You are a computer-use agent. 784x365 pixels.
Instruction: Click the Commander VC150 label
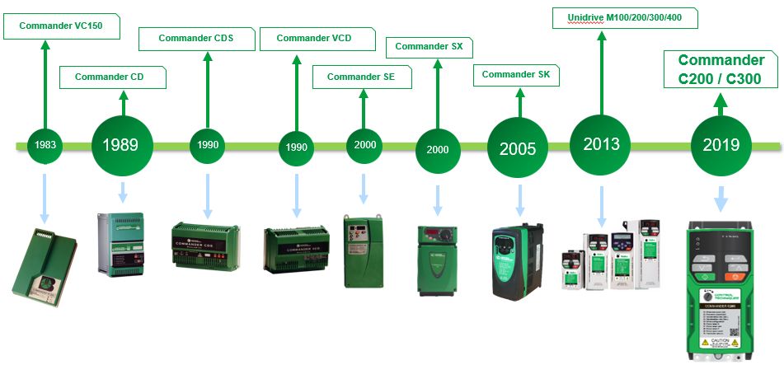pyautogui.click(x=62, y=26)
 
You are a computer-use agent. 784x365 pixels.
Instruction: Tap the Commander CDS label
pyautogui.click(x=195, y=39)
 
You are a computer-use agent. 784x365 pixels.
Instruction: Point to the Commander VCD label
pyautogui.click(x=314, y=39)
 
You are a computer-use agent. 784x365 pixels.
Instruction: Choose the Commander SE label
pyautogui.click(x=360, y=77)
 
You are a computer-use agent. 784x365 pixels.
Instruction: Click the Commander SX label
pyautogui.click(x=429, y=47)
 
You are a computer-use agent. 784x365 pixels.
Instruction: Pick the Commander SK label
pyautogui.click(x=515, y=75)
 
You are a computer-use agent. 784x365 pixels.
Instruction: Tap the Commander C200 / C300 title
pyautogui.click(x=721, y=70)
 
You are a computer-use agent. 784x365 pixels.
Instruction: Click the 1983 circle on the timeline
pyautogui.click(x=45, y=145)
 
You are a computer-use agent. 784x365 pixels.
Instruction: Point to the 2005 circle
pyautogui.click(x=517, y=148)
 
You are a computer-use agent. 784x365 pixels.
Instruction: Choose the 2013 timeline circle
pyautogui.click(x=601, y=144)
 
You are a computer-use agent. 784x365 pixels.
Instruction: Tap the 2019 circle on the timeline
pyautogui.click(x=721, y=145)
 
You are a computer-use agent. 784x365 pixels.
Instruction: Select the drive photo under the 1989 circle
pyautogui.click(x=120, y=245)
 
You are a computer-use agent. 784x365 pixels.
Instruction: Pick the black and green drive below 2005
pyautogui.click(x=518, y=261)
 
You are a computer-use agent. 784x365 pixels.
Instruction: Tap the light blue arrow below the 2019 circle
pyautogui.click(x=721, y=198)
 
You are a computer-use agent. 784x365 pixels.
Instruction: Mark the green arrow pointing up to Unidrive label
pyautogui.click(x=601, y=74)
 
